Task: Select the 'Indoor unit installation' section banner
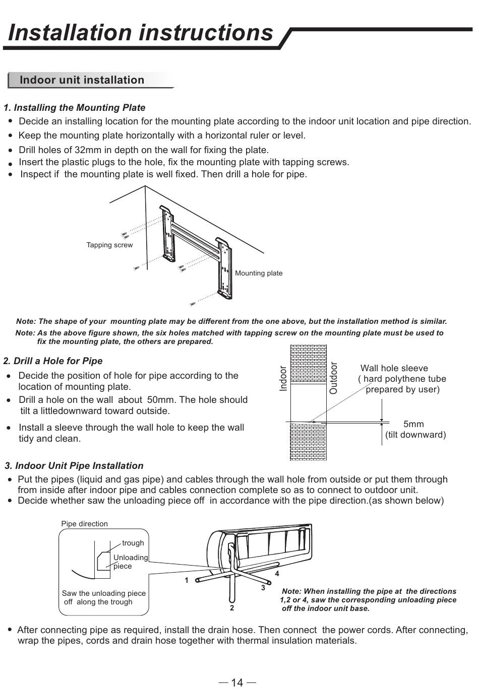[x=82, y=80]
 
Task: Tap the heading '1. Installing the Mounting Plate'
[x=75, y=108]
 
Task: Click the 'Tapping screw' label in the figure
[x=109, y=245]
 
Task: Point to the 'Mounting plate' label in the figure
[x=259, y=273]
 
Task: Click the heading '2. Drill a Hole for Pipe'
[x=53, y=361]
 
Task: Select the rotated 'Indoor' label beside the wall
[x=283, y=379]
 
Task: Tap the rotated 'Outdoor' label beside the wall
[x=333, y=378]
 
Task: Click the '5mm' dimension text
[x=413, y=424]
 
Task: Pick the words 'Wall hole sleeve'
[x=394, y=368]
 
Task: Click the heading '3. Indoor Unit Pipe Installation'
[x=74, y=466]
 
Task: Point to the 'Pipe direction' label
[x=84, y=524]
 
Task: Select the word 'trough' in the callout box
[x=133, y=543]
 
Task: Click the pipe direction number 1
[x=187, y=580]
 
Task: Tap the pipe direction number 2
[x=232, y=608]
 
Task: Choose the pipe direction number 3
[x=263, y=588]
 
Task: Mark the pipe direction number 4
[x=277, y=574]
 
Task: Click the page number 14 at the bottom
[x=237, y=682]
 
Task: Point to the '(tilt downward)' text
[x=415, y=435]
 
